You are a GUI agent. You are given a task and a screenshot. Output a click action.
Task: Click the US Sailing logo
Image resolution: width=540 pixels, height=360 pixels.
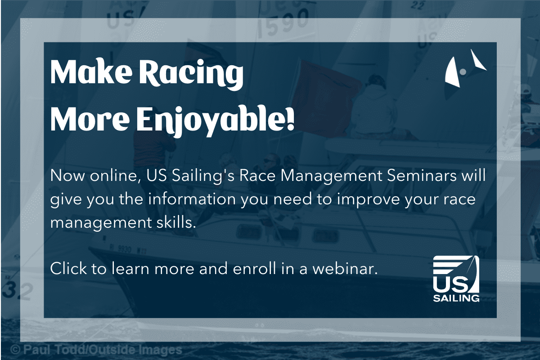click(456, 279)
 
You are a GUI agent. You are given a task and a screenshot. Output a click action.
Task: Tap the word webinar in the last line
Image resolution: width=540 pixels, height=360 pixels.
click(345, 268)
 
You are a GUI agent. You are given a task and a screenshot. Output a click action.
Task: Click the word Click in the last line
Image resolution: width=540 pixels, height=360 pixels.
click(68, 268)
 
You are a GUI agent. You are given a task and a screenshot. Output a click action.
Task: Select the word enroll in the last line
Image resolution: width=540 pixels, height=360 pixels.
click(254, 268)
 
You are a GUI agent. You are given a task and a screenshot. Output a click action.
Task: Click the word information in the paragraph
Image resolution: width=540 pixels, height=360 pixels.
click(192, 199)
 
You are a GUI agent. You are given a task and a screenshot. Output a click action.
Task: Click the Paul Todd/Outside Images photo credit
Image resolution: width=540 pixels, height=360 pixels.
click(96, 350)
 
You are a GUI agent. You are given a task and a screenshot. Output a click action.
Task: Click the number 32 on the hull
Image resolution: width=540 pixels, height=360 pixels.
click(17, 291)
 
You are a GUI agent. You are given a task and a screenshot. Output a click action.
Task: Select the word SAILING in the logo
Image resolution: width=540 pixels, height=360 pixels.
click(456, 298)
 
